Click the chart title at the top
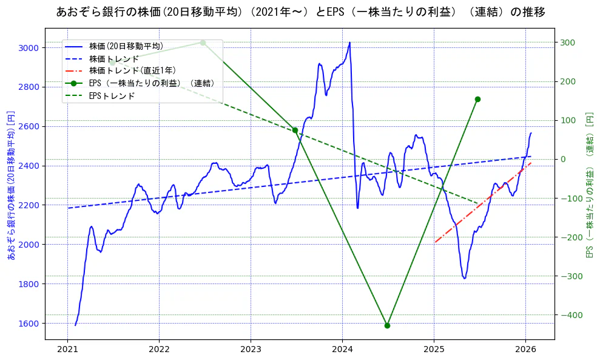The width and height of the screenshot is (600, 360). (x=300, y=12)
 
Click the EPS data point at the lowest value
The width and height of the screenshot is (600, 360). (x=387, y=325)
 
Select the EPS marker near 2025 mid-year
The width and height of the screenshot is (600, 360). (x=477, y=99)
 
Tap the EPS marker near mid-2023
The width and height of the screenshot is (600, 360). (x=295, y=130)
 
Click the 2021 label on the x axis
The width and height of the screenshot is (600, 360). (x=67, y=350)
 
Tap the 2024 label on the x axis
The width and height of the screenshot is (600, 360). (x=342, y=350)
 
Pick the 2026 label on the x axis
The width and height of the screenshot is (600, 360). (x=525, y=350)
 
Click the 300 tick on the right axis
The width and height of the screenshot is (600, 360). (x=568, y=42)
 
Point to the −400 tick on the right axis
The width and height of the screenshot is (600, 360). (x=570, y=315)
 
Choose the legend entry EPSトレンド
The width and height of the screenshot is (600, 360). (x=112, y=96)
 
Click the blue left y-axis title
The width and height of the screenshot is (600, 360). (x=10, y=186)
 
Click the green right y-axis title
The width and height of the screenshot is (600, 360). (x=588, y=185)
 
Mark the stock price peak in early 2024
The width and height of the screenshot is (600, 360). (x=349, y=42)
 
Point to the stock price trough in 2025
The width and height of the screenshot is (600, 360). (x=465, y=278)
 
